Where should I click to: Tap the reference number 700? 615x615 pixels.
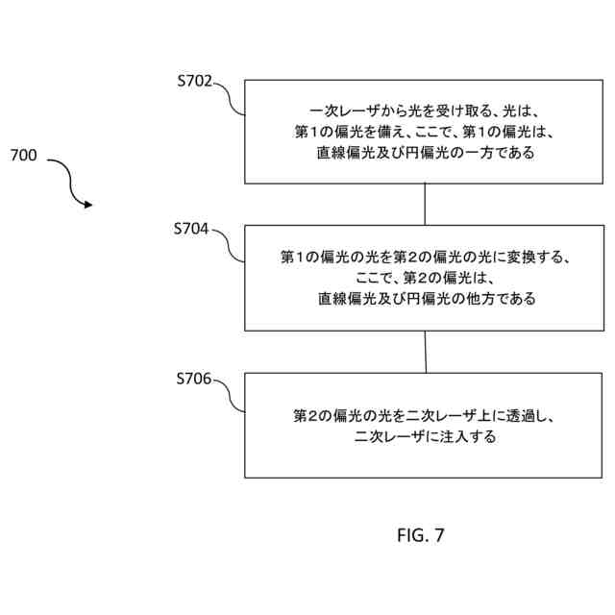(x=24, y=156)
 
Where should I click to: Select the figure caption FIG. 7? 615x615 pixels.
(x=421, y=534)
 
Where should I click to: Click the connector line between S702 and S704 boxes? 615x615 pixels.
(x=425, y=205)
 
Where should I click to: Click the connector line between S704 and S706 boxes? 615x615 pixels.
(x=425, y=353)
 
